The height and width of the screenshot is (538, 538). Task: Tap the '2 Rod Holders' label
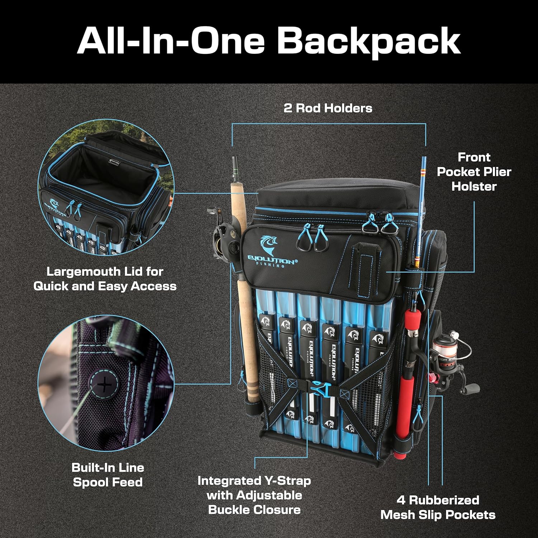328,108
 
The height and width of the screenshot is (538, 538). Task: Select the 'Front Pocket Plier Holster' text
474,172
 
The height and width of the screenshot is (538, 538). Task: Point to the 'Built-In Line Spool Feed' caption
108,475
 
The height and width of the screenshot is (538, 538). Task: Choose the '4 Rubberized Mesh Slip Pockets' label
438,508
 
